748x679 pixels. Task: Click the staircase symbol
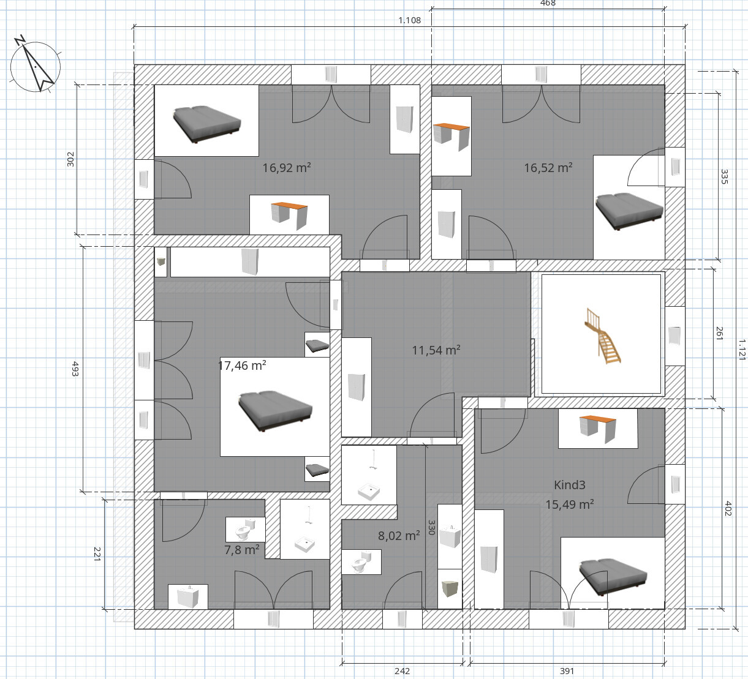click(x=602, y=336)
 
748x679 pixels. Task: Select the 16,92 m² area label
click(x=286, y=168)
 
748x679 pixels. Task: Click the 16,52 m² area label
click(x=548, y=168)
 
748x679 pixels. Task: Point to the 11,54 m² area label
click(x=436, y=350)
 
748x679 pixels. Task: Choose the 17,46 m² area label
click(x=243, y=365)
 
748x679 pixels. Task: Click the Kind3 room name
click(x=569, y=485)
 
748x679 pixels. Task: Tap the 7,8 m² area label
click(x=241, y=550)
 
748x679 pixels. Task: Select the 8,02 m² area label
click(x=399, y=536)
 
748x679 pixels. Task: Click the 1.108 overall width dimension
click(x=409, y=20)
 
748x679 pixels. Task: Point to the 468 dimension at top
click(x=548, y=3)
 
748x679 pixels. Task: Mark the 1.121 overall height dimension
click(x=742, y=349)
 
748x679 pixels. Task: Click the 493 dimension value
click(x=75, y=369)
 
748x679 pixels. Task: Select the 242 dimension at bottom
click(x=402, y=671)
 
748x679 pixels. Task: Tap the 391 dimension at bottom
click(x=567, y=671)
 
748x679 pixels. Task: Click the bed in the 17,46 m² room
click(x=275, y=411)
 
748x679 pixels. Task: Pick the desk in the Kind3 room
click(x=598, y=429)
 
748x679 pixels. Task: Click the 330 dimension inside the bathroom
click(x=431, y=527)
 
